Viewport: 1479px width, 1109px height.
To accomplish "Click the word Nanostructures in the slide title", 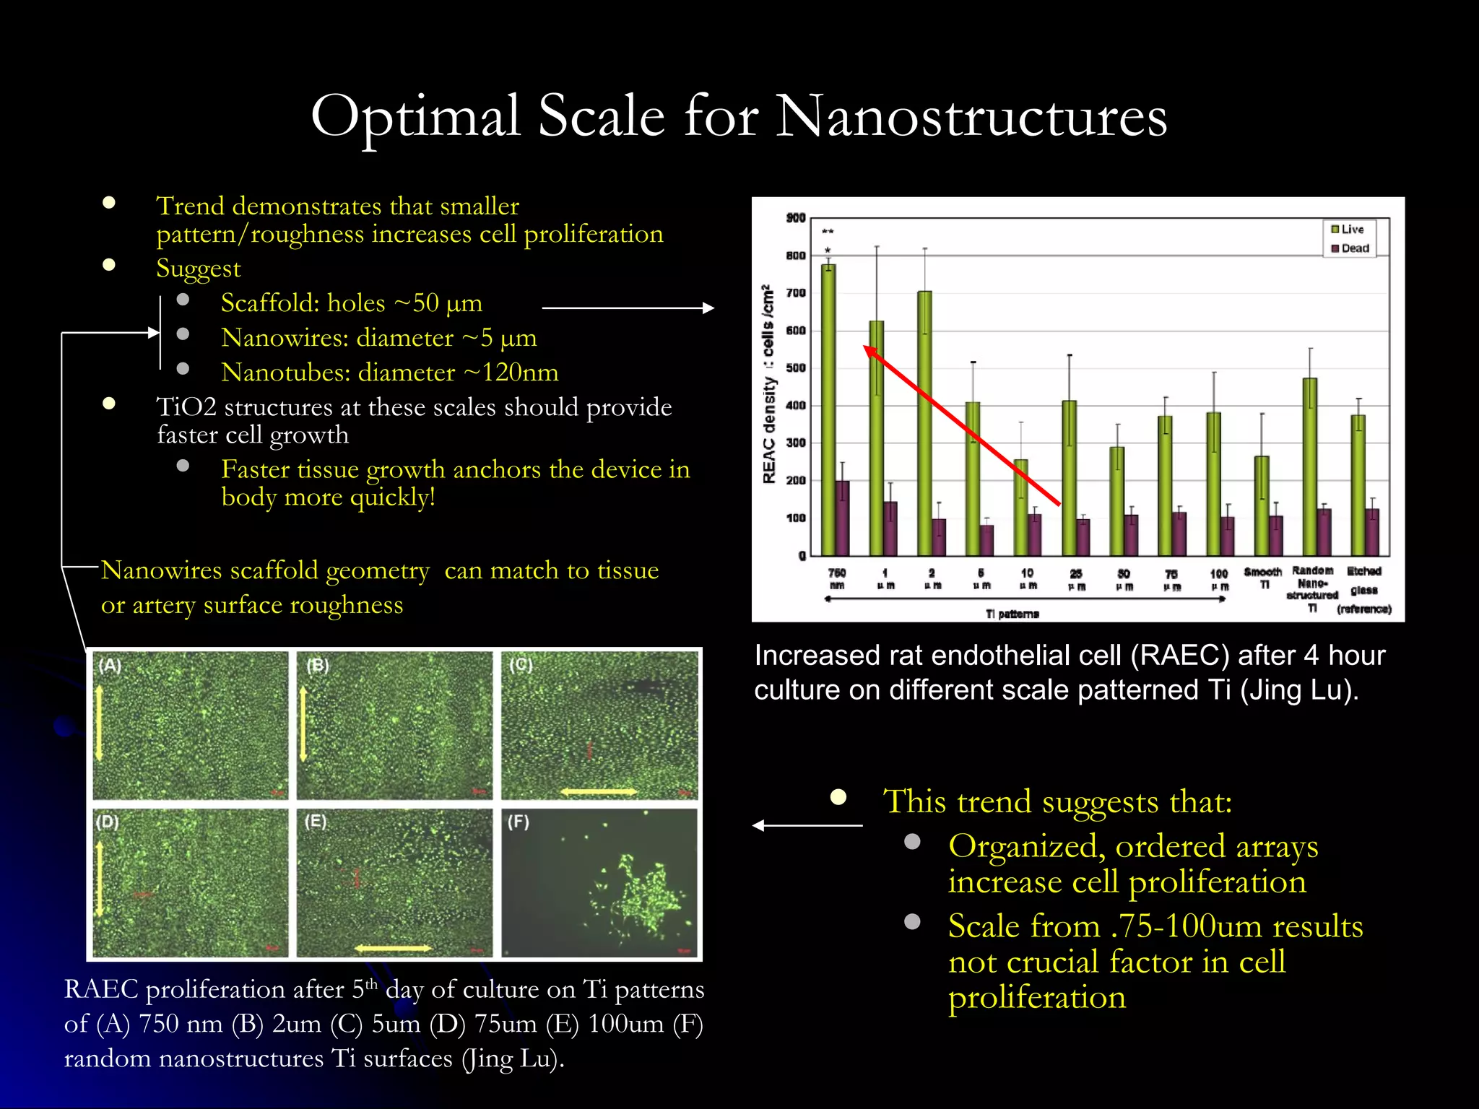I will point(971,117).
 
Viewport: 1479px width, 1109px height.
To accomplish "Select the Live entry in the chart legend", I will point(1348,229).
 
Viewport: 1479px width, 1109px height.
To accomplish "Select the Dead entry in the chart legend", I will point(1349,248).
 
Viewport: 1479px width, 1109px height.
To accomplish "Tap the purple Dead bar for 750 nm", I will point(842,518).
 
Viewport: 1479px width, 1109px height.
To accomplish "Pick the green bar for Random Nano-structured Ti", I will point(1309,466).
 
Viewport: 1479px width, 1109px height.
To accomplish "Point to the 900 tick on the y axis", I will point(795,218).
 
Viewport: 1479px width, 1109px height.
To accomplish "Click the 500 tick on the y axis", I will point(795,368).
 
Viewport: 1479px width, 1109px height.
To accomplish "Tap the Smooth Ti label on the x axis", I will point(1262,578).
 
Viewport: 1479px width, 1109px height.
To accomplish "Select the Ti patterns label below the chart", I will point(1012,614).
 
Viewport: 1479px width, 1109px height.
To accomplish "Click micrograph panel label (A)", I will point(110,665).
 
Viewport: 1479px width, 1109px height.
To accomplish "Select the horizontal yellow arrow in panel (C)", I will point(599,792).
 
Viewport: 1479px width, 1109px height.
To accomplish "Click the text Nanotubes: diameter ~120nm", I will point(389,373).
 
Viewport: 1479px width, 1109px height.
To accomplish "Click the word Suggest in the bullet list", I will point(198,269).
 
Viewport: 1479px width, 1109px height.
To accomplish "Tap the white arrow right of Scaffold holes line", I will point(628,308).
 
